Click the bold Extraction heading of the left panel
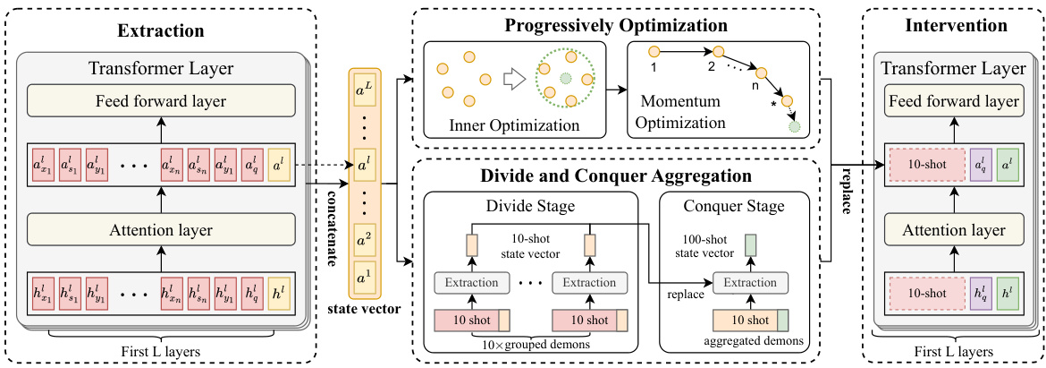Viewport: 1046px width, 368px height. [x=161, y=30]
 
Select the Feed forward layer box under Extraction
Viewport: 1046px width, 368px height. [x=161, y=100]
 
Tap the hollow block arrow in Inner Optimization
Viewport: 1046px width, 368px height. [x=511, y=79]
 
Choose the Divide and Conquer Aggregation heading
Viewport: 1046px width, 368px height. [x=617, y=175]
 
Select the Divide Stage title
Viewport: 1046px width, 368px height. [x=529, y=207]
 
